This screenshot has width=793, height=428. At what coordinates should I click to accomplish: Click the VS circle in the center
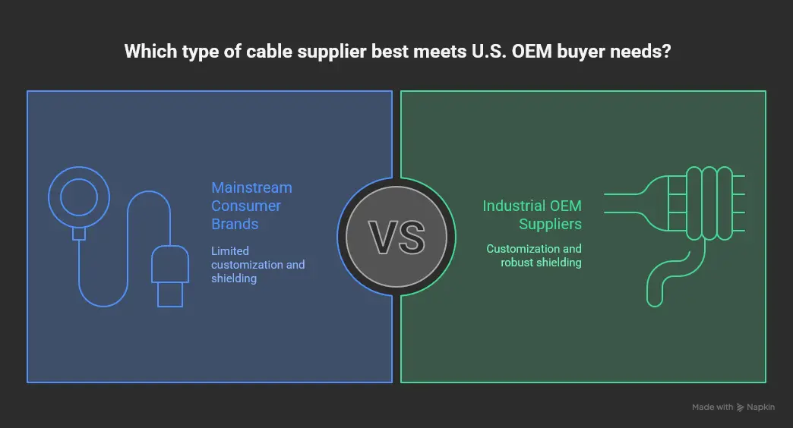click(396, 237)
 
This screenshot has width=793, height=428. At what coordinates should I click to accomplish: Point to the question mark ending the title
click(665, 52)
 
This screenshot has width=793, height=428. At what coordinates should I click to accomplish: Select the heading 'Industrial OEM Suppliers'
click(532, 215)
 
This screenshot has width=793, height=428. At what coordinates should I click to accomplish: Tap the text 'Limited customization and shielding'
click(257, 264)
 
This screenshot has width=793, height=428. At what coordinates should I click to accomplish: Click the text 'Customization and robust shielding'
click(534, 255)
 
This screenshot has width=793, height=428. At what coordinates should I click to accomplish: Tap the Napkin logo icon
click(741, 408)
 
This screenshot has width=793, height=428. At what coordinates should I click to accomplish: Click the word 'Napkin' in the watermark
click(761, 408)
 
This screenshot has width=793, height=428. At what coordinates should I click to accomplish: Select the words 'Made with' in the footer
click(712, 408)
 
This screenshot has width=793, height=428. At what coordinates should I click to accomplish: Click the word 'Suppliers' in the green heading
click(551, 224)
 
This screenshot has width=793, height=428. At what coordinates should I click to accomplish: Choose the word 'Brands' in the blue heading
click(235, 224)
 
